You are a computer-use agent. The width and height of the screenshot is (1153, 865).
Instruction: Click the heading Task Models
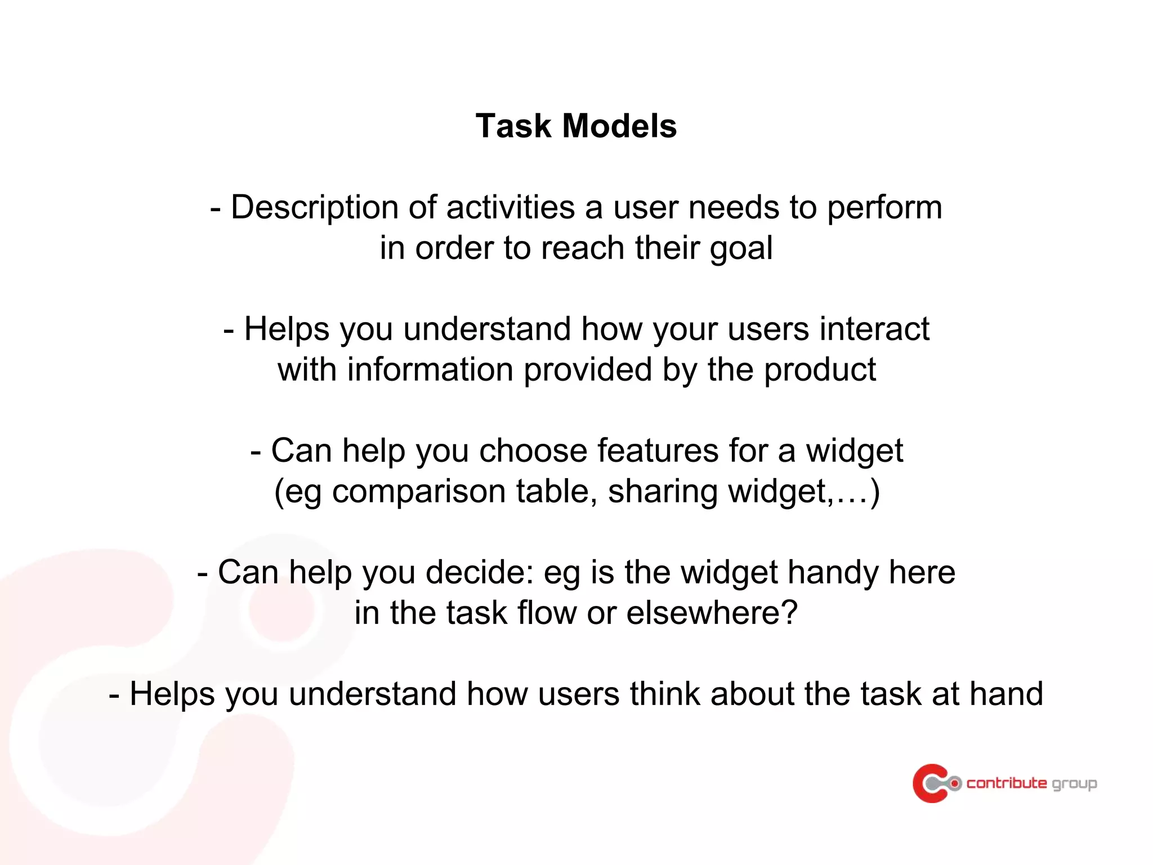coord(576,126)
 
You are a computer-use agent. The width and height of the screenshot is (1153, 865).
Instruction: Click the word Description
coord(314,208)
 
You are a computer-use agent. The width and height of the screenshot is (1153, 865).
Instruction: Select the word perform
coord(884,208)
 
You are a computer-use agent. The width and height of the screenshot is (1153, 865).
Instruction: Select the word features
coord(658,451)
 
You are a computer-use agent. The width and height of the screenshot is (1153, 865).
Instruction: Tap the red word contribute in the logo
coord(1007,783)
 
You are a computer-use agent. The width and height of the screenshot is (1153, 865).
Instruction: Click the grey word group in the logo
coord(1074,784)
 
